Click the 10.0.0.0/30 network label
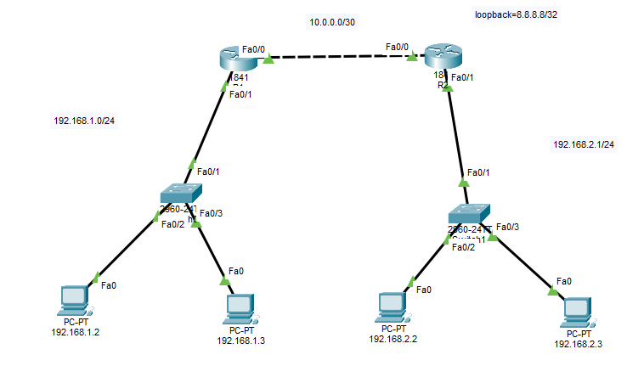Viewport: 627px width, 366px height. click(x=333, y=23)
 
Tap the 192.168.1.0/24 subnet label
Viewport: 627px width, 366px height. click(x=84, y=121)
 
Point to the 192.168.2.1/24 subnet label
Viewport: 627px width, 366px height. click(x=584, y=144)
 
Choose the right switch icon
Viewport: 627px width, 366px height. click(x=470, y=213)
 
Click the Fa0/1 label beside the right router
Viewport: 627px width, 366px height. click(x=463, y=78)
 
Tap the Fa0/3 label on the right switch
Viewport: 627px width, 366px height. click(x=506, y=227)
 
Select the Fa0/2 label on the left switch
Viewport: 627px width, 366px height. click(x=172, y=224)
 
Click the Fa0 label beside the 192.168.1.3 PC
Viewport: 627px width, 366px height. click(x=236, y=271)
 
